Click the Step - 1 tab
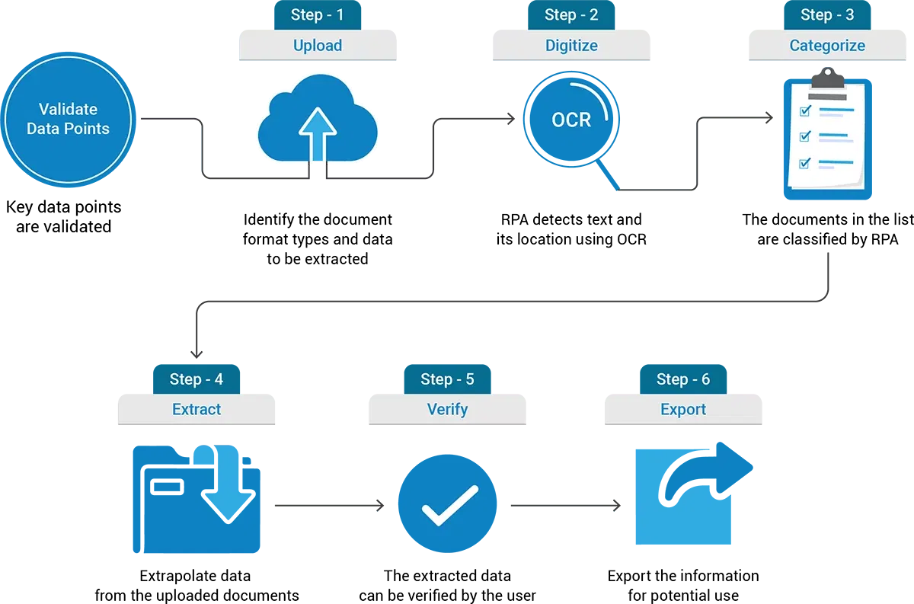(317, 14)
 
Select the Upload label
(317, 46)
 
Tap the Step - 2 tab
(571, 14)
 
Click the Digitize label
(571, 46)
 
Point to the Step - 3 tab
(827, 14)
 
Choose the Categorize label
(827, 46)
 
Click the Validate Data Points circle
(68, 120)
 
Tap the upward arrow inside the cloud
(317, 134)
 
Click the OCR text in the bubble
(571, 120)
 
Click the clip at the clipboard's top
(827, 79)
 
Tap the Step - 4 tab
(197, 379)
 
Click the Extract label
(197, 410)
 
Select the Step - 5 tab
(447, 379)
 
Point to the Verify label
(447, 410)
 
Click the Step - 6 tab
(683, 379)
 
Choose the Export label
(683, 410)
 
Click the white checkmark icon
(450, 505)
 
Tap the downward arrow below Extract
(226, 487)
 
